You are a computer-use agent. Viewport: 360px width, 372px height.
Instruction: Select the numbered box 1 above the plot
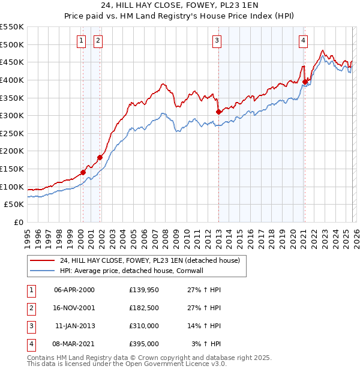tap(80, 41)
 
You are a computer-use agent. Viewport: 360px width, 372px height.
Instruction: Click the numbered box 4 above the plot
tap(304, 41)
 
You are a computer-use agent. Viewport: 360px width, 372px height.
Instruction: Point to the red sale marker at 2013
tap(218, 112)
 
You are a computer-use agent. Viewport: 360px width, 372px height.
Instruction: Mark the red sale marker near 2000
tap(83, 172)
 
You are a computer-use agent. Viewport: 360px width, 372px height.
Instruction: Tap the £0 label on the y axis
tap(18, 222)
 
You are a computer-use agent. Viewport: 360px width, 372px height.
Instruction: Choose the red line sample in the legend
tap(42, 260)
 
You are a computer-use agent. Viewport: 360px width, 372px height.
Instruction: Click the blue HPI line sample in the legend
tap(42, 271)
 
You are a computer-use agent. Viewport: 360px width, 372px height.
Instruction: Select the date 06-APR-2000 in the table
tap(74, 290)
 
